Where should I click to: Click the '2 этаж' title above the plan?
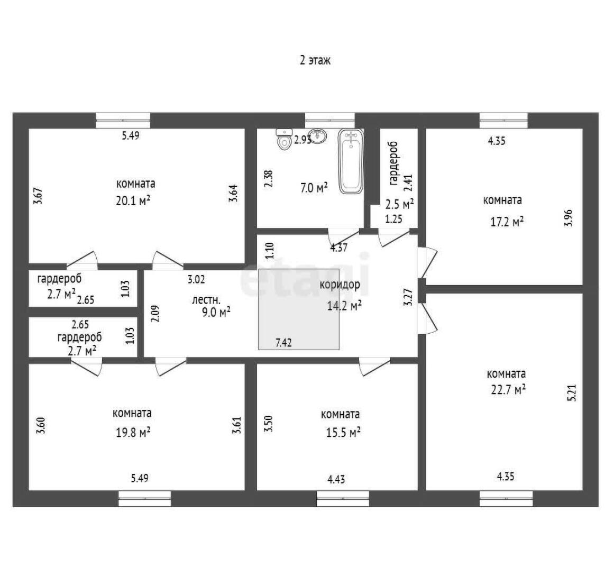pos(315,60)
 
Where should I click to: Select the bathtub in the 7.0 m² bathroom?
pos(351,161)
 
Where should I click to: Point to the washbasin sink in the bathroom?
pos(317,136)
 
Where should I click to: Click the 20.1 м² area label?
pos(133,201)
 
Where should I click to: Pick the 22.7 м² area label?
pos(508,390)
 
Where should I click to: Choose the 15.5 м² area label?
pos(343,432)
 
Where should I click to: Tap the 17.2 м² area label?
pos(508,222)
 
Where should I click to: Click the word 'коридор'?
pos(340,285)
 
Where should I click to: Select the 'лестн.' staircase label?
pos(206,300)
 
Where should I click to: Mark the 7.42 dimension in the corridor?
pos(283,343)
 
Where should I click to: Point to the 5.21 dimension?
pos(572,392)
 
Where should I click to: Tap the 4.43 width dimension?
pos(336,479)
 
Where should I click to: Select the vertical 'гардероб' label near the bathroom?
pos(393,163)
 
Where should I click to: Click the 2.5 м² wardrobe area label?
pos(400,204)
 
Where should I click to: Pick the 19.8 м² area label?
pos(133,432)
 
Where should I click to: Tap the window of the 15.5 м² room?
pos(343,498)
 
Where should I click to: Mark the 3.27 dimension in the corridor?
pos(408,297)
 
